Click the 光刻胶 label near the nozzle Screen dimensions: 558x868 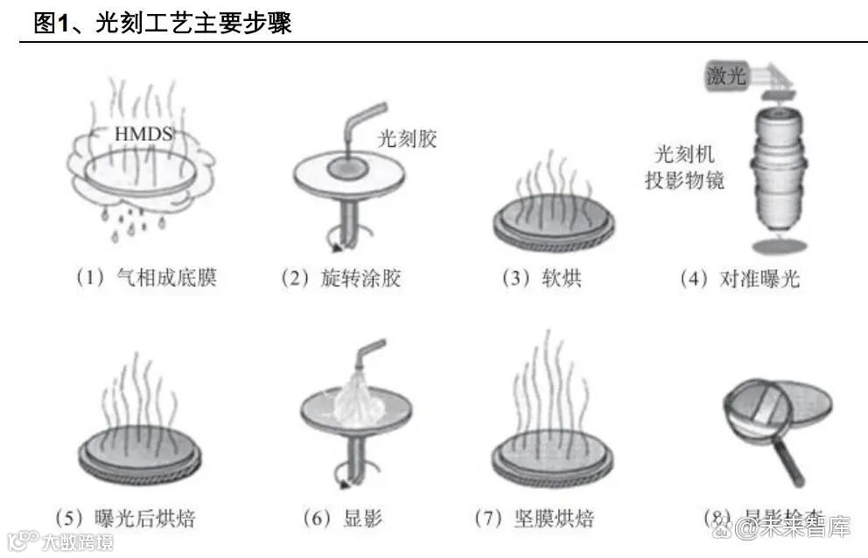click(x=407, y=138)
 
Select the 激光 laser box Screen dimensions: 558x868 click(x=726, y=76)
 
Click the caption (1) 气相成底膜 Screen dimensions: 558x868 click(x=145, y=278)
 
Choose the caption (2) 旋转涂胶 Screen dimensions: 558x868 click(x=340, y=278)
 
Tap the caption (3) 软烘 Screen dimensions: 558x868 click(x=541, y=278)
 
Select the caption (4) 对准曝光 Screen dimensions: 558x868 click(x=739, y=278)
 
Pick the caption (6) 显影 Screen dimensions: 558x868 click(x=342, y=518)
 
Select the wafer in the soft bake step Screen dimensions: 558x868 click(x=551, y=222)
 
